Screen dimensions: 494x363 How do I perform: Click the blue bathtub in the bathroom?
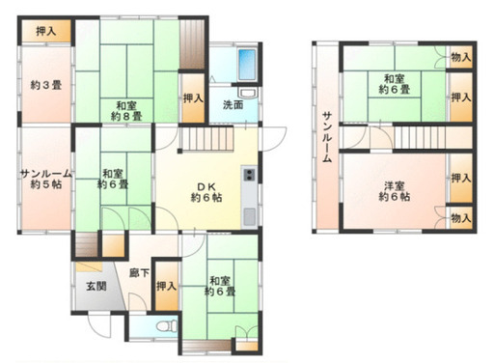247,65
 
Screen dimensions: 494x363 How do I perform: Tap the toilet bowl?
167,325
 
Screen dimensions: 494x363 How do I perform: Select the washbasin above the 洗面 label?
247,93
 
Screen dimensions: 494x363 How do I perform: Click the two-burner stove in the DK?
249,175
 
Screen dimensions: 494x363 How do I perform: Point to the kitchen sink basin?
249,216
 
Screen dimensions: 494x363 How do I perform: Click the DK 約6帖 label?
206,192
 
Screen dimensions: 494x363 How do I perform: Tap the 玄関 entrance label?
96,286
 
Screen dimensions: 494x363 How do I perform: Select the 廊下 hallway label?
139,273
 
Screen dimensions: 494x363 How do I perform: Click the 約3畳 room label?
46,85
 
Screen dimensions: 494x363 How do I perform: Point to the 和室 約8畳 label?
126,111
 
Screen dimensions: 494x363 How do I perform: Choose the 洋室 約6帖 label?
395,191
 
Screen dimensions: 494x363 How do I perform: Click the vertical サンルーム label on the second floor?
327,137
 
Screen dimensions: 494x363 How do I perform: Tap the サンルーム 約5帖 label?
46,179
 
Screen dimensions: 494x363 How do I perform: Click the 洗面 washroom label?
233,105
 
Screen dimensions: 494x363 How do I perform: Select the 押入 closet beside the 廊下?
167,286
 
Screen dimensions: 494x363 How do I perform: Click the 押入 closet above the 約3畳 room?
46,31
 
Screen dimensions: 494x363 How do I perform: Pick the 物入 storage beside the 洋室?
461,218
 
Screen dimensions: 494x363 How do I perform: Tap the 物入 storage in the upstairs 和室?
461,57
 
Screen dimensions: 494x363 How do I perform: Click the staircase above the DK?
206,139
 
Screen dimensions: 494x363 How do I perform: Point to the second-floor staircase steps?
420,137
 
